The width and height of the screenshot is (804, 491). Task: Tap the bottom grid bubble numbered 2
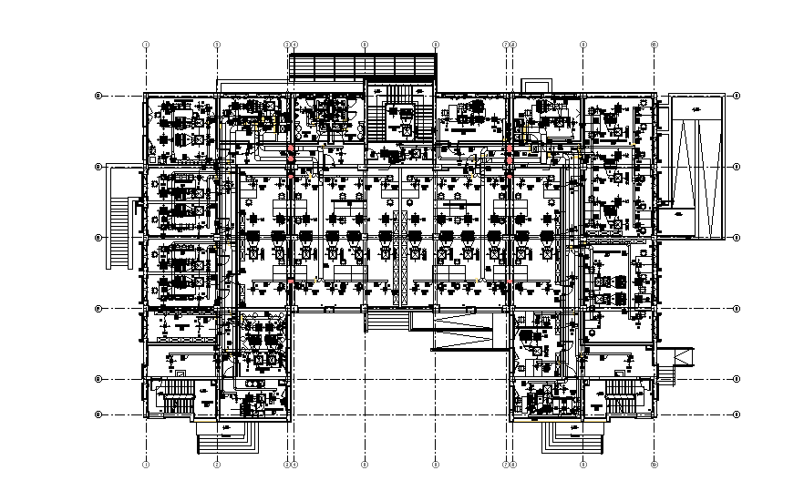217,465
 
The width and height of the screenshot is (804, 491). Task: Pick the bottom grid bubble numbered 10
655,465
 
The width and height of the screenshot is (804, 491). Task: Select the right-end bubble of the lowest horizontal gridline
737,415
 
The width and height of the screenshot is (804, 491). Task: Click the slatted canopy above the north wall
362,66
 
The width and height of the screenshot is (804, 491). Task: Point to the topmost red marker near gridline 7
509,149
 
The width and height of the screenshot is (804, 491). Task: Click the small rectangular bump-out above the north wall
536,85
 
